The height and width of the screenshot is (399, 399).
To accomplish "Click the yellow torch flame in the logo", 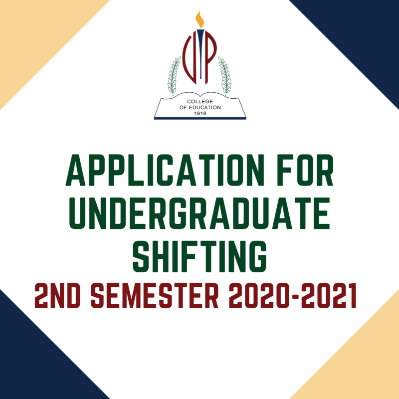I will pyautogui.click(x=200, y=19).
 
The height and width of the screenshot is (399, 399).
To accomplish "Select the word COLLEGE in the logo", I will pyautogui.click(x=199, y=101).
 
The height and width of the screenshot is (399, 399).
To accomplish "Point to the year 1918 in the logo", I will pyautogui.click(x=199, y=112).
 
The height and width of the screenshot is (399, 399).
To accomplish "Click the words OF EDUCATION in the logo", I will pyautogui.click(x=199, y=107).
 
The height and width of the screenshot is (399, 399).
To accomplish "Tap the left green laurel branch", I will pyautogui.click(x=174, y=75).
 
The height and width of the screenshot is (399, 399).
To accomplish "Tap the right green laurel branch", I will pyautogui.click(x=225, y=75).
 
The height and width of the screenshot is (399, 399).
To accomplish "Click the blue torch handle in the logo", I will pyautogui.click(x=200, y=55).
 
